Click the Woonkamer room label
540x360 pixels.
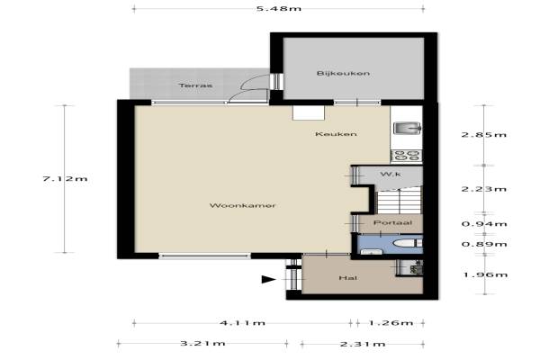242,206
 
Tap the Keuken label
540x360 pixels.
336,134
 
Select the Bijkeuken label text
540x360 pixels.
344,74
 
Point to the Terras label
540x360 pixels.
195,85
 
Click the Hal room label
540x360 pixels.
347,278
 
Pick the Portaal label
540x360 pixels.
392,222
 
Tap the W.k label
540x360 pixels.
391,175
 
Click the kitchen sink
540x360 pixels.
407,129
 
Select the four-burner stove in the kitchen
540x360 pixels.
407,156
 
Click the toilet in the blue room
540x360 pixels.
408,243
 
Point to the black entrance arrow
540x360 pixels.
268,279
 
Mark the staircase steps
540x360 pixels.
400,201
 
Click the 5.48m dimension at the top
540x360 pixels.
279,8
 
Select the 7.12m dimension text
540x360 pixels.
65,179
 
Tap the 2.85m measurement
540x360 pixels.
484,134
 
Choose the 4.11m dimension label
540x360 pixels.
242,323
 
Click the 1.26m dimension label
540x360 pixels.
391,323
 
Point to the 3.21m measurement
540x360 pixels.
202,343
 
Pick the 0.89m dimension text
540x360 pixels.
484,244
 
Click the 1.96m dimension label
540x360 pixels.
485,274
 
